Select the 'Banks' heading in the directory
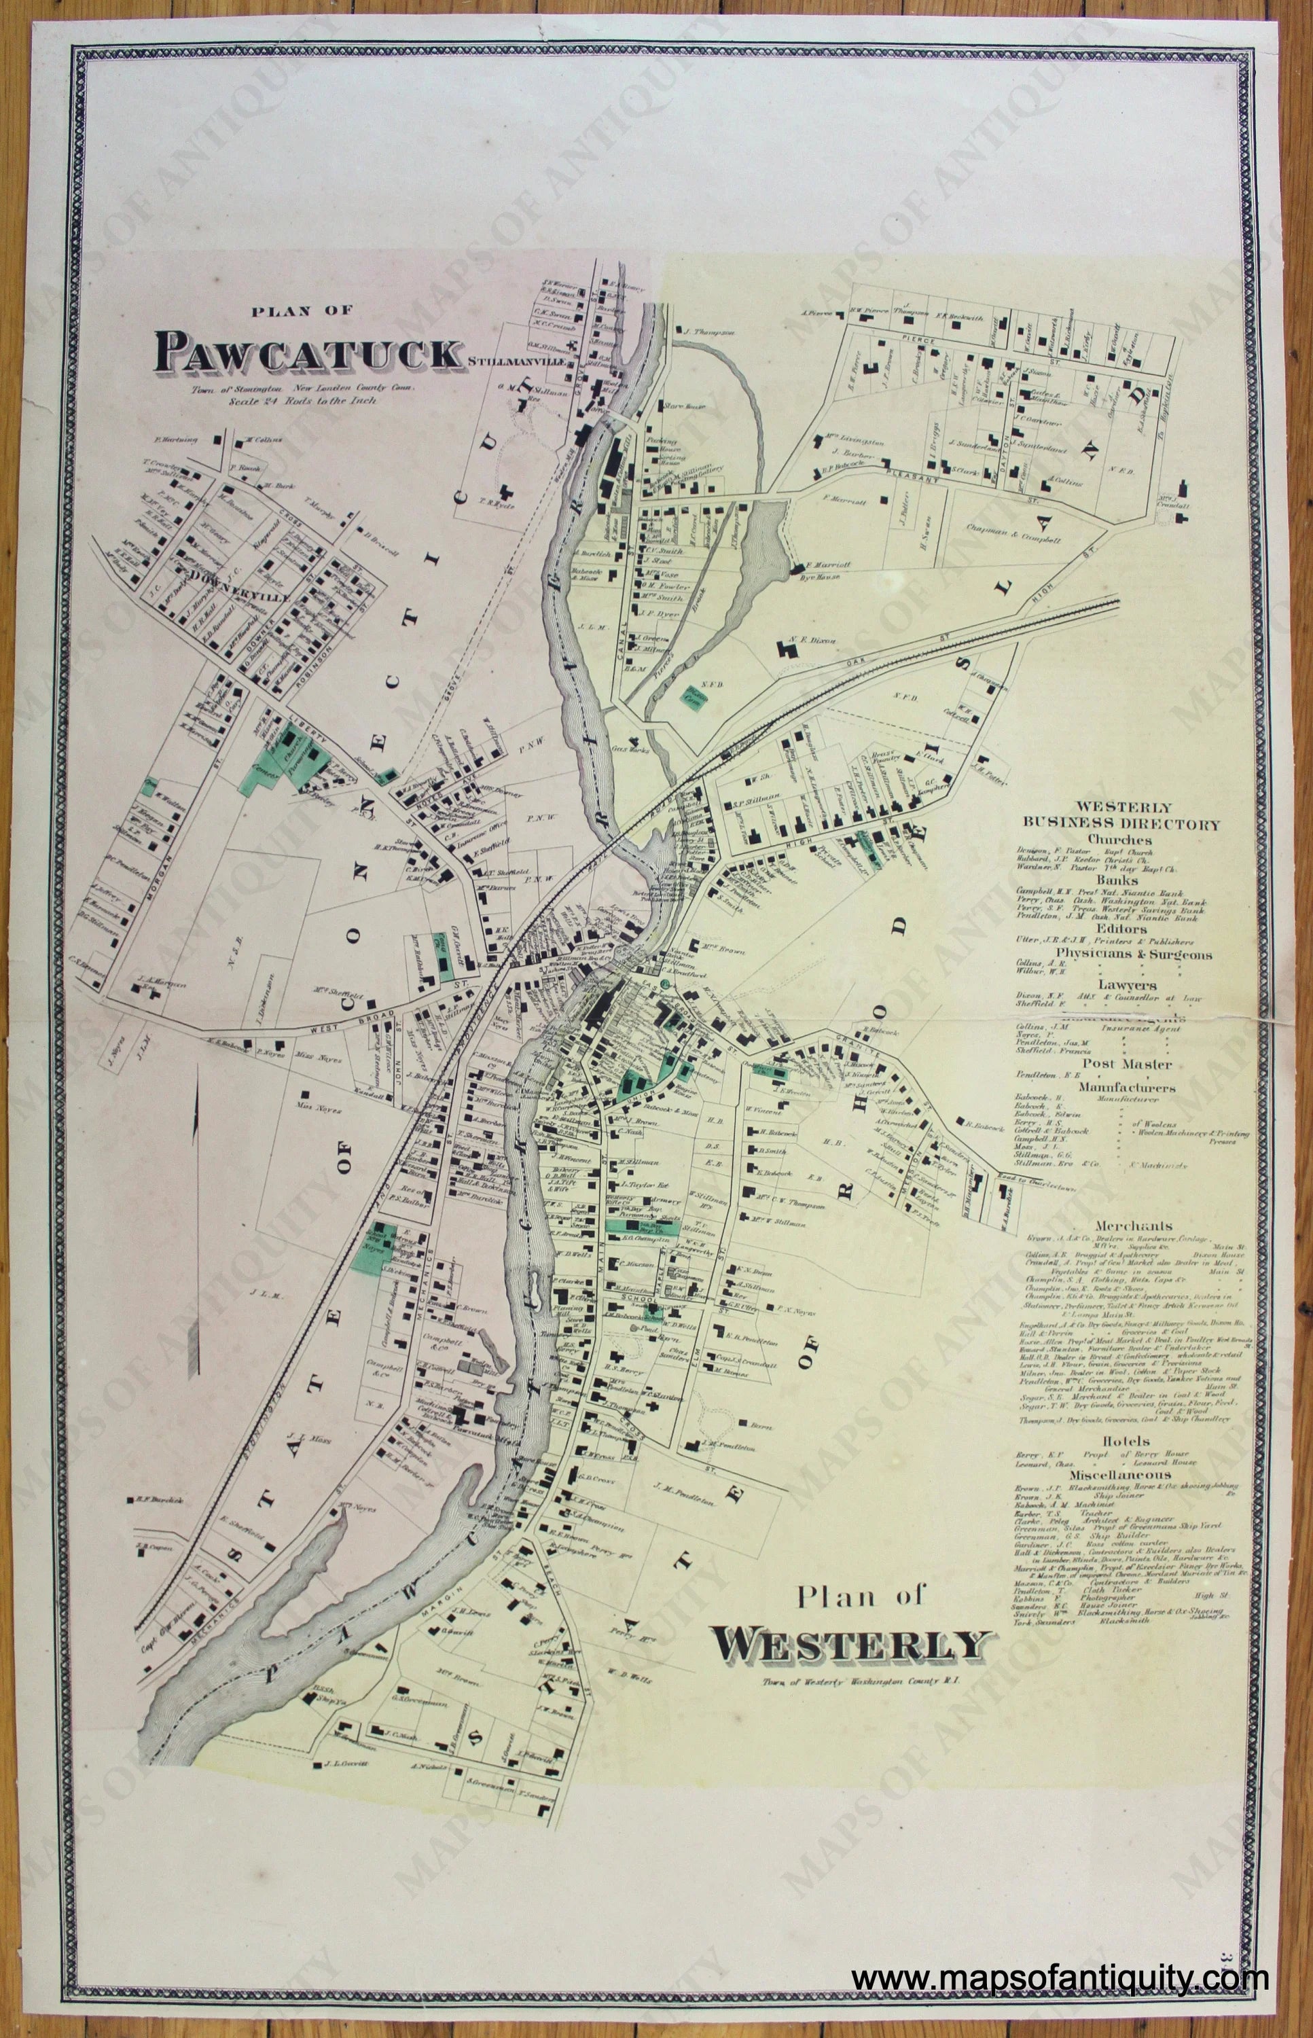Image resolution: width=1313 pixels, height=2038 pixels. coord(1122,879)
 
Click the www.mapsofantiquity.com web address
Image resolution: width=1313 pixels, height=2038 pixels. coord(1062,1948)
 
